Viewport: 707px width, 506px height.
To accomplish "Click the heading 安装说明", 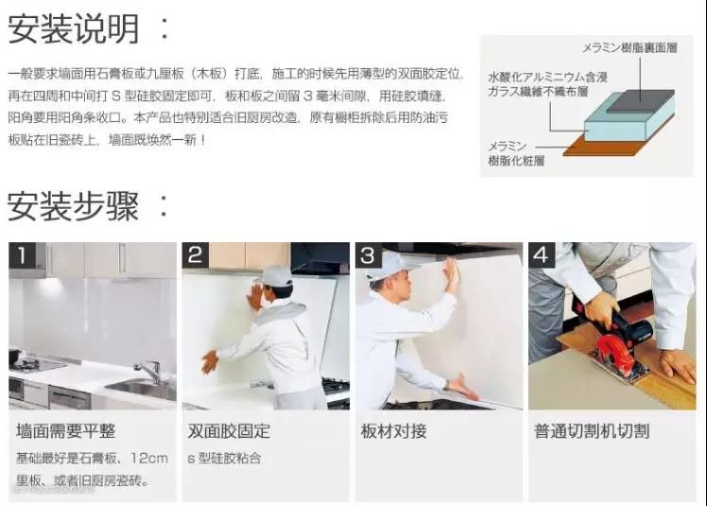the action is (74, 29).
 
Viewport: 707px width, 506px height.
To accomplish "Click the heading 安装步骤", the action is (73, 206).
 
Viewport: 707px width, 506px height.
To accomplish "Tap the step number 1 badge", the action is (22, 255).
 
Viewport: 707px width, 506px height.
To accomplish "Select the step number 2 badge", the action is (196, 255).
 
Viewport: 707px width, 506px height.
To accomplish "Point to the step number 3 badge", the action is (369, 255).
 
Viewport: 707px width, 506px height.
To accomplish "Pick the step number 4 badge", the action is (542, 255).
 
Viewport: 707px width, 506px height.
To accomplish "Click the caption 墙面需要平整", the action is (66, 431).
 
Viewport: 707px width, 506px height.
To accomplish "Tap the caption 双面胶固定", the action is (229, 431).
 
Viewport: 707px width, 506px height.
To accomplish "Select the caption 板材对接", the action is (393, 431).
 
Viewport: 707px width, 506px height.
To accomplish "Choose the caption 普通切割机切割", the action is (592, 431).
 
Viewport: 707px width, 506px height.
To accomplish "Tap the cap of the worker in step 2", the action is (274, 275).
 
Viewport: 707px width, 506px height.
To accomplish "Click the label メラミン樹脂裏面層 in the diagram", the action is (629, 48).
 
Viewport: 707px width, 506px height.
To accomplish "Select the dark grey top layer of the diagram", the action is (640, 100).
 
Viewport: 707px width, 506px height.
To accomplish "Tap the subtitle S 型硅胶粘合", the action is (224, 459).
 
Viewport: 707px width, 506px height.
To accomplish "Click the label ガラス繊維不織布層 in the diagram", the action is (538, 92).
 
